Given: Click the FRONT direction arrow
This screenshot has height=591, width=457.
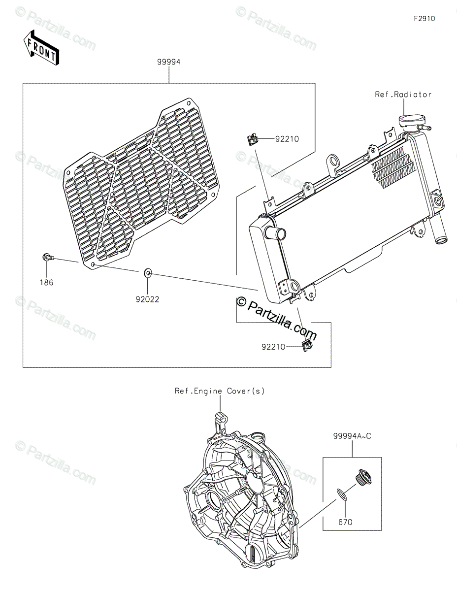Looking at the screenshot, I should click(41, 45).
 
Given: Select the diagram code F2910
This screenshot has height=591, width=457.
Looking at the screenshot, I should click(424, 19).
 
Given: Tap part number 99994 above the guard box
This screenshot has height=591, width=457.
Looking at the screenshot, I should click(169, 62).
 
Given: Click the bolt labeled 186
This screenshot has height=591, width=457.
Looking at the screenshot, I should click(47, 257).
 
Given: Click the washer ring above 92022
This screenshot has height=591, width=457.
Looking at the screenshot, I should click(148, 272).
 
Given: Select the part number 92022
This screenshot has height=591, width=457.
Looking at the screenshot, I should click(148, 299).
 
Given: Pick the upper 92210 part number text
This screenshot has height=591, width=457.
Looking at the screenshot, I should click(288, 139).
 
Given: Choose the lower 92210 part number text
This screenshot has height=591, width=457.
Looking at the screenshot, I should click(274, 347).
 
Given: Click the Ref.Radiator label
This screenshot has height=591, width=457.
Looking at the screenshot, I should click(403, 95).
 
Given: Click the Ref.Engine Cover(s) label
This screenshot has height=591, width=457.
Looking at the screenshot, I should click(220, 391).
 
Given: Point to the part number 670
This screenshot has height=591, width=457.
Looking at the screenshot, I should click(345, 522).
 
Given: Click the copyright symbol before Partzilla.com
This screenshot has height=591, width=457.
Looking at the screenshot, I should click(241, 301).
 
